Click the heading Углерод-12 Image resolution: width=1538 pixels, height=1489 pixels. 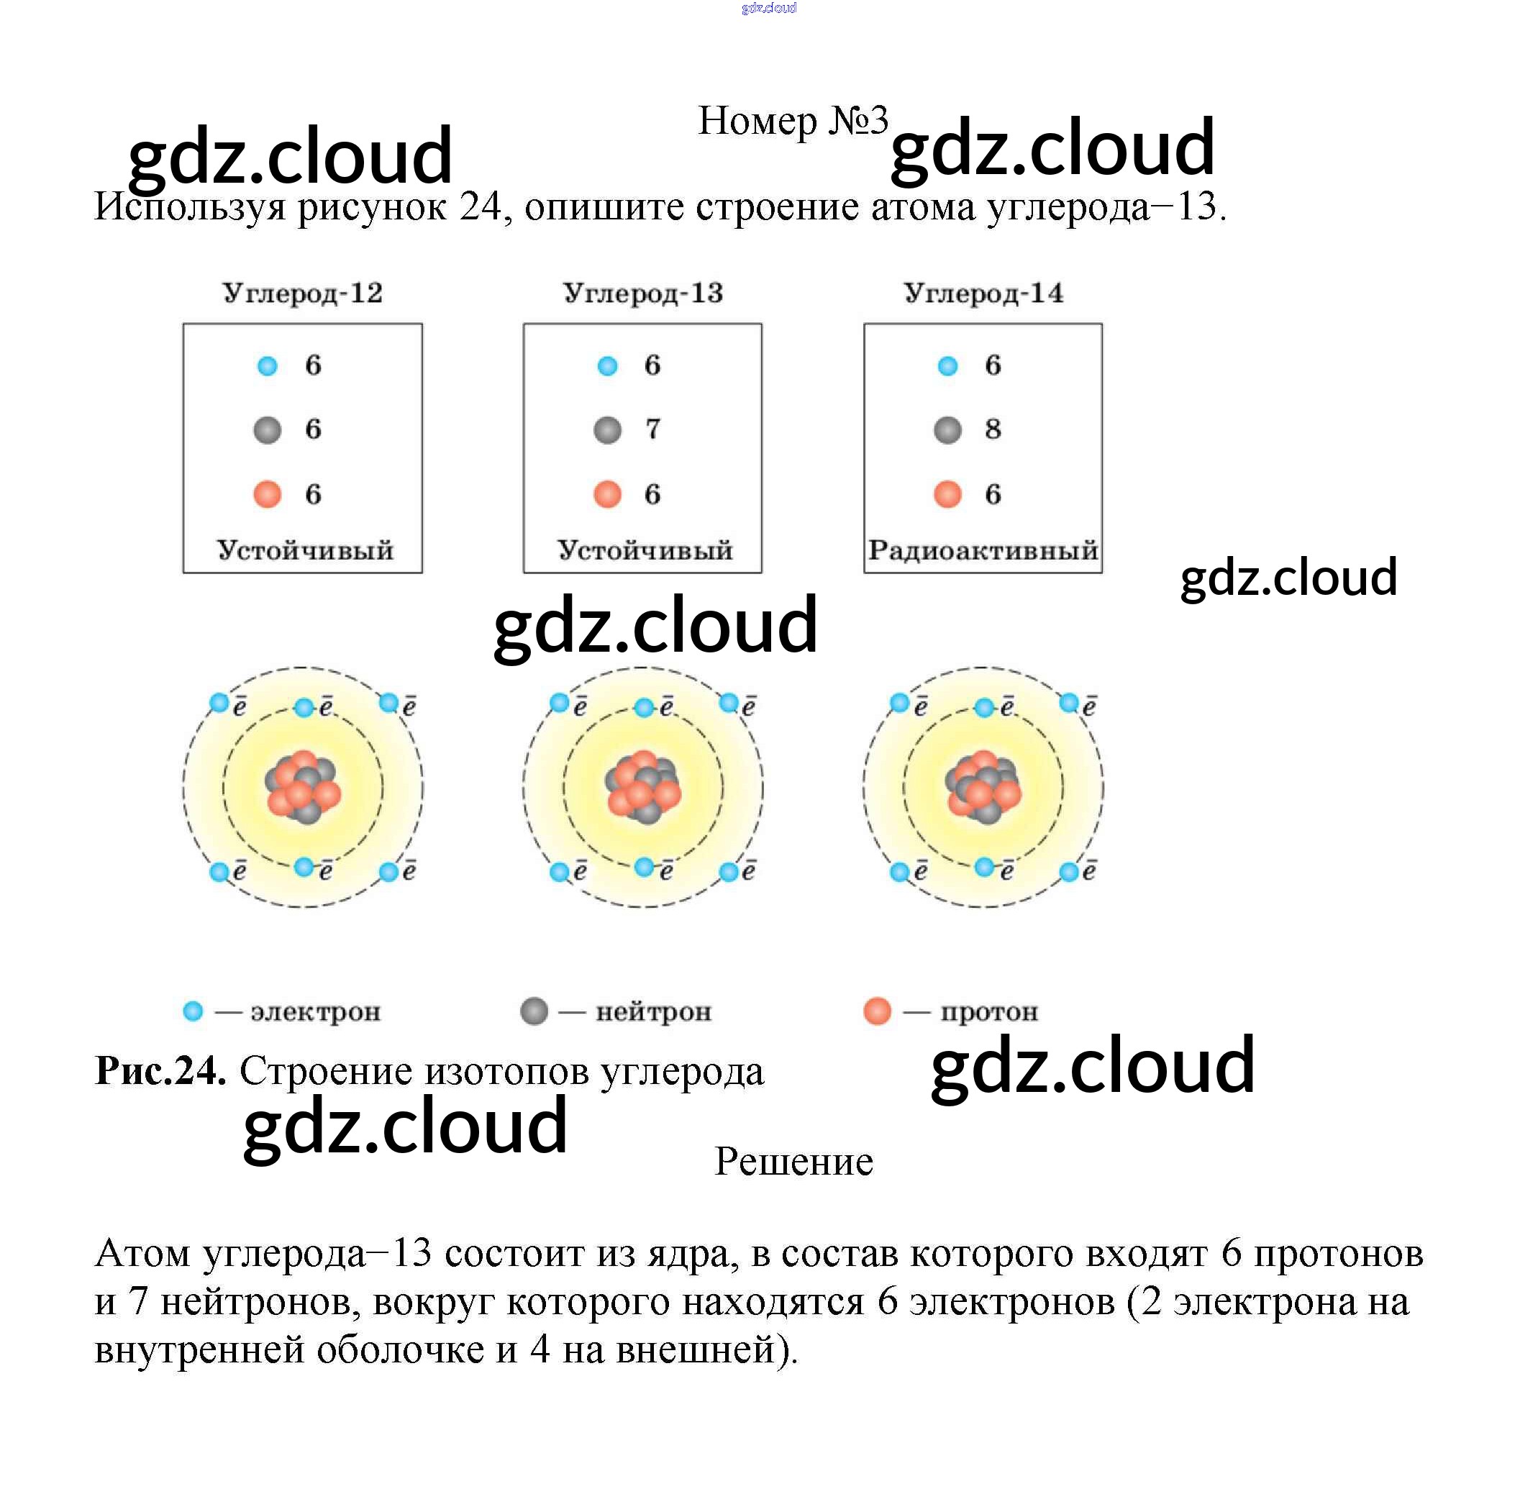click(302, 293)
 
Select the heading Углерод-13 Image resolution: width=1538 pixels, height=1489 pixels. click(642, 293)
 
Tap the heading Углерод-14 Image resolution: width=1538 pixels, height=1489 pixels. click(983, 293)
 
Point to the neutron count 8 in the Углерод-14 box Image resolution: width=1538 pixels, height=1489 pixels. click(993, 429)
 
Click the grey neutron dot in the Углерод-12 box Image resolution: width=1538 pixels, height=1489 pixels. click(268, 430)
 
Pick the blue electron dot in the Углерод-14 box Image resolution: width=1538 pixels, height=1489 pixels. click(948, 365)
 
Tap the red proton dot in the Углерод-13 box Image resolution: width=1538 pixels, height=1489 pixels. click(607, 494)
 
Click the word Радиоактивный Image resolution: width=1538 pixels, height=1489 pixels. click(983, 550)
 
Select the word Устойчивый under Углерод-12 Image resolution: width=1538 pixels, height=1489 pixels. click(304, 550)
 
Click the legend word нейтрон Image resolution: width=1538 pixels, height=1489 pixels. click(654, 1012)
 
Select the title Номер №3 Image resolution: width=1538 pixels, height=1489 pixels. click(793, 121)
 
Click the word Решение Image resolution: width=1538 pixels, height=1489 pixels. click(793, 1162)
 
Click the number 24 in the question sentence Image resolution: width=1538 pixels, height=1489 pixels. click(481, 207)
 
